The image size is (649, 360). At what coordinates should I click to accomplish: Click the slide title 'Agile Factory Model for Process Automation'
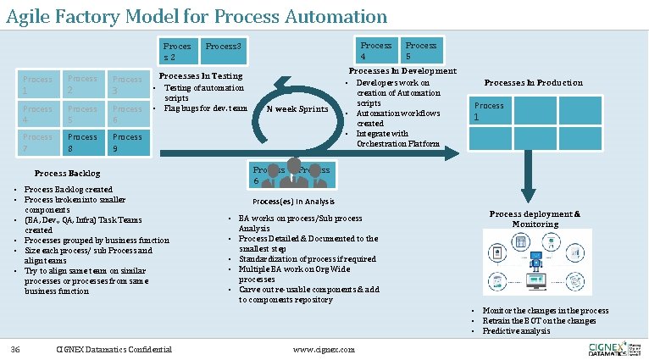[197, 16]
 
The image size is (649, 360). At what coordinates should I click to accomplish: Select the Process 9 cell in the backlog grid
[128, 141]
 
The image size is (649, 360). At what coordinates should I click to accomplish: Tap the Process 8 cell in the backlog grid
[83, 141]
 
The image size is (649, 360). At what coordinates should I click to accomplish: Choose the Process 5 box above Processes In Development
[421, 50]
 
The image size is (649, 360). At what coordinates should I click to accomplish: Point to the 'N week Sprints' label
[297, 108]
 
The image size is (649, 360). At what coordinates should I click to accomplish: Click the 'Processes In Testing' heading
[201, 75]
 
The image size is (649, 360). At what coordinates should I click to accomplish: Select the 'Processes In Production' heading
[533, 82]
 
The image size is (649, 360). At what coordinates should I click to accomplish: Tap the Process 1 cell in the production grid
[489, 110]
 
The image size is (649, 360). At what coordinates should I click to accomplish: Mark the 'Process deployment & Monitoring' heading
[535, 219]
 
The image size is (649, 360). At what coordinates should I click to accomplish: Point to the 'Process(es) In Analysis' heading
[293, 201]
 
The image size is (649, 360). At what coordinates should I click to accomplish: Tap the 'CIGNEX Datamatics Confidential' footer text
[114, 349]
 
